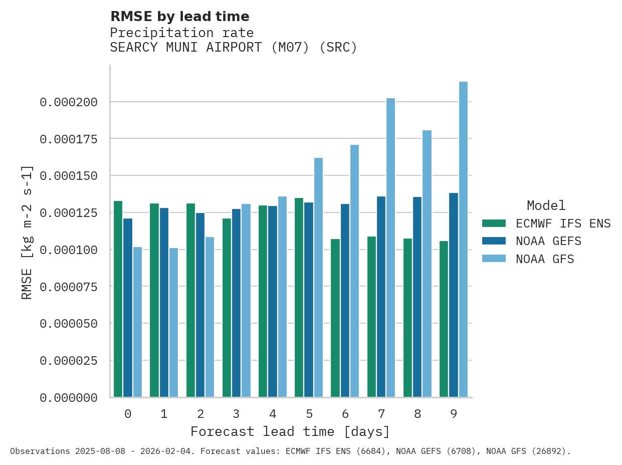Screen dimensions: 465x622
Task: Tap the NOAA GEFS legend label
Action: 548,242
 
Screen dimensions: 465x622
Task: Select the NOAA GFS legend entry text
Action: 545,259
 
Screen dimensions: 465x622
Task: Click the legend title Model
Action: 546,205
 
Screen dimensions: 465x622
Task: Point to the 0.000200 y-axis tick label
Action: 68,102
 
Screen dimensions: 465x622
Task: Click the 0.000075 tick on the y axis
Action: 68,287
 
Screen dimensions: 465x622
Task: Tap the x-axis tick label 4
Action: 273,414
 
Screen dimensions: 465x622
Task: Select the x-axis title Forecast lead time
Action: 290,431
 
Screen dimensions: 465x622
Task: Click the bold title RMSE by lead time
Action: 179,17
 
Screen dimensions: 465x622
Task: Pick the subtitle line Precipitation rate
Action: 181,33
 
